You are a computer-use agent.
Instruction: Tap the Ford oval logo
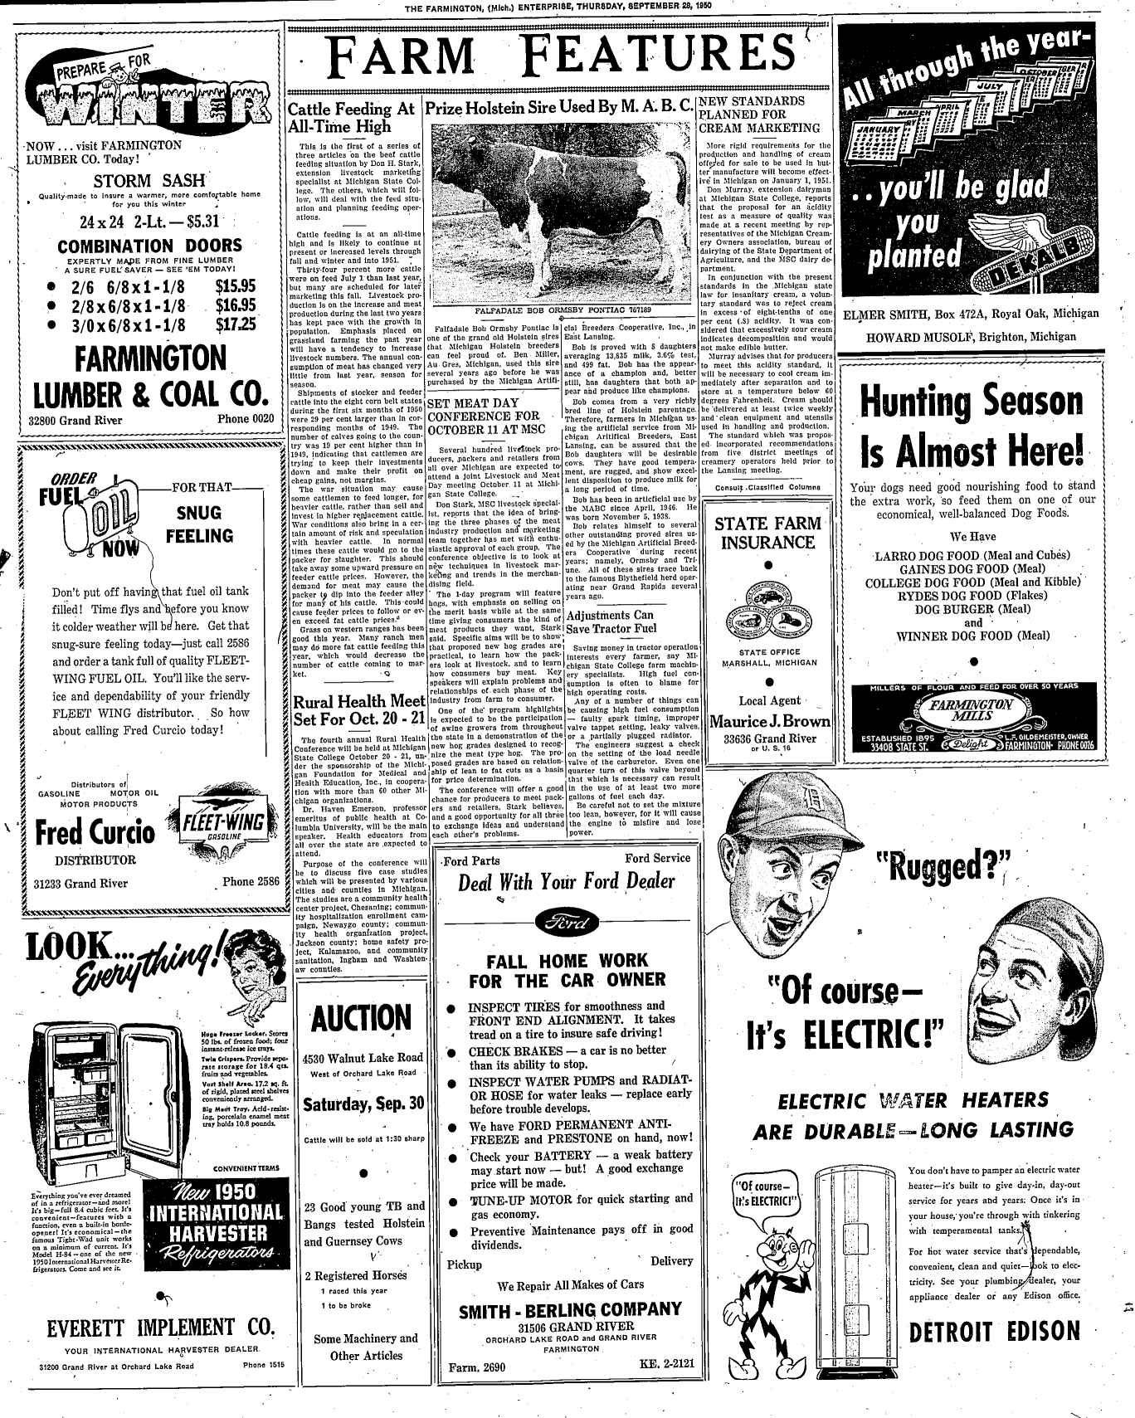point(567,923)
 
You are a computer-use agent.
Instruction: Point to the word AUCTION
point(363,1018)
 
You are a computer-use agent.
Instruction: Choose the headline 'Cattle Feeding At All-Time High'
point(351,118)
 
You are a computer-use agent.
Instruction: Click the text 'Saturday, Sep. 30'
point(363,1104)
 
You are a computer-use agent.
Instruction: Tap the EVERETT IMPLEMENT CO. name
point(160,1327)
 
